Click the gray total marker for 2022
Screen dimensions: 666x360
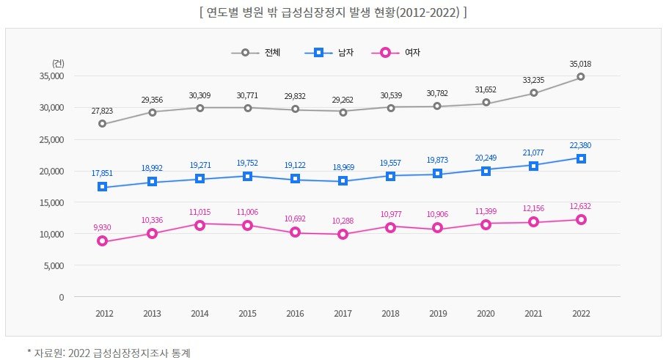(x=581, y=77)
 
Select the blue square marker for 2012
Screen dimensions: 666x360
(x=103, y=187)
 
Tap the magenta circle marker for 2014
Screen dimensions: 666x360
(x=200, y=225)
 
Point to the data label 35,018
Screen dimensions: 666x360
(x=580, y=64)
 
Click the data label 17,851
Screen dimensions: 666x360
(x=102, y=173)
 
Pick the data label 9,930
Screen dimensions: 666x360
(x=102, y=227)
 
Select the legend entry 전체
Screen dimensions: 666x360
(x=272, y=53)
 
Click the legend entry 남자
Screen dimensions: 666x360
(x=345, y=53)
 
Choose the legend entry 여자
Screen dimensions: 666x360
(x=412, y=53)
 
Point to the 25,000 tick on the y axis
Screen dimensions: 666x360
(x=51, y=139)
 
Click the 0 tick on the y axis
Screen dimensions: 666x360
(x=62, y=297)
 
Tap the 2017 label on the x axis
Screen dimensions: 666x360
(x=343, y=314)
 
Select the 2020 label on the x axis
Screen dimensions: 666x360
(x=486, y=314)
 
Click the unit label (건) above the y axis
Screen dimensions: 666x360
(x=58, y=64)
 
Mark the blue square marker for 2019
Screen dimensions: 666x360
(x=437, y=173)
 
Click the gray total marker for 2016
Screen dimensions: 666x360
(x=295, y=109)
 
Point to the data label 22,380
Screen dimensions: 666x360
(x=580, y=145)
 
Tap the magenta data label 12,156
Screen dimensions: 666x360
(x=533, y=208)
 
